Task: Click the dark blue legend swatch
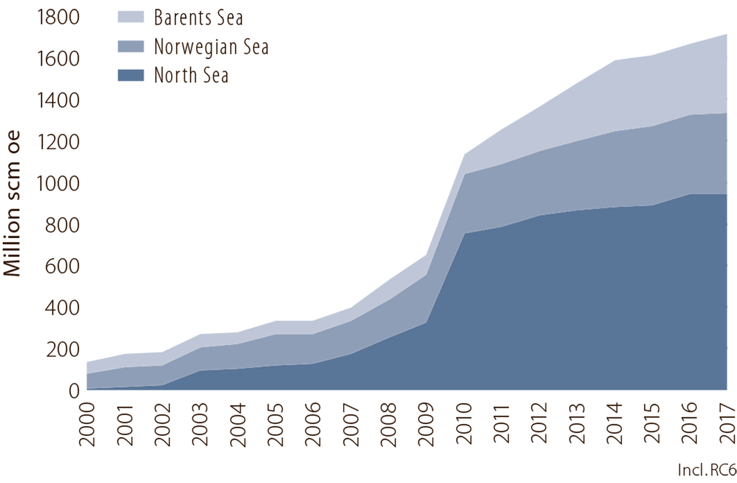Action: pyautogui.click(x=129, y=77)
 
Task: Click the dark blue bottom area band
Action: pyautogui.click(x=576, y=307)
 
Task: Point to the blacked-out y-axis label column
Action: pyautogui.click(x=46, y=192)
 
